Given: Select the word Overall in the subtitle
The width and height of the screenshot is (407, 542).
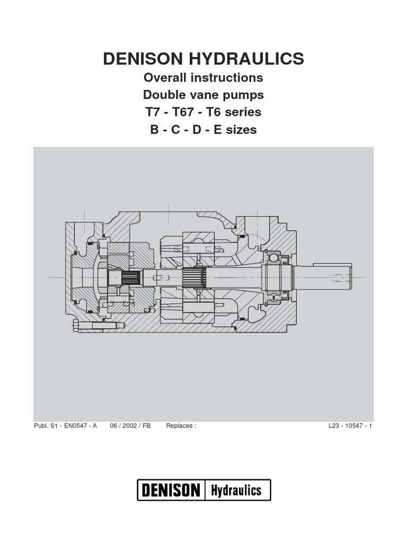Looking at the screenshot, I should [x=165, y=78].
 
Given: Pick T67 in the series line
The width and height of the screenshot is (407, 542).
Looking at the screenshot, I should [x=184, y=112].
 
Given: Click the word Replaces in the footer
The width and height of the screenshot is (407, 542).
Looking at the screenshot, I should [x=180, y=426].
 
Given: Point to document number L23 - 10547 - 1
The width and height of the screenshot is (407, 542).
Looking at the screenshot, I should [x=350, y=426].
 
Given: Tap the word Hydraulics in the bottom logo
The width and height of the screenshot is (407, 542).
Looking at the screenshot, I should [x=236, y=490].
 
